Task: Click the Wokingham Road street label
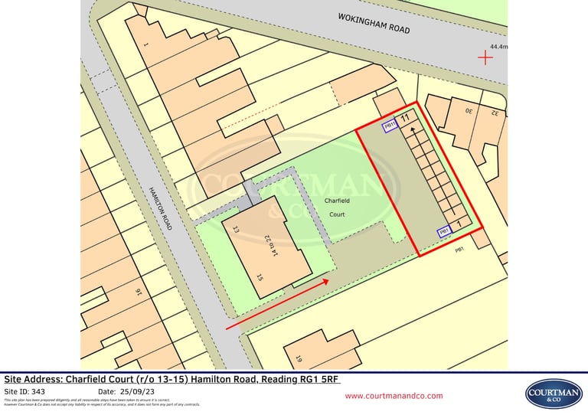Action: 374,24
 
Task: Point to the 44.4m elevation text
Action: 499,47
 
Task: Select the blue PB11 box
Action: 389,126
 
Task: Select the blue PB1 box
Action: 444,231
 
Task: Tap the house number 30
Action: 469,110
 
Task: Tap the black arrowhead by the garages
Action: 414,129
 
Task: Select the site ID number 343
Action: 39,391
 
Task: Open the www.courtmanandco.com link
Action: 394,396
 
